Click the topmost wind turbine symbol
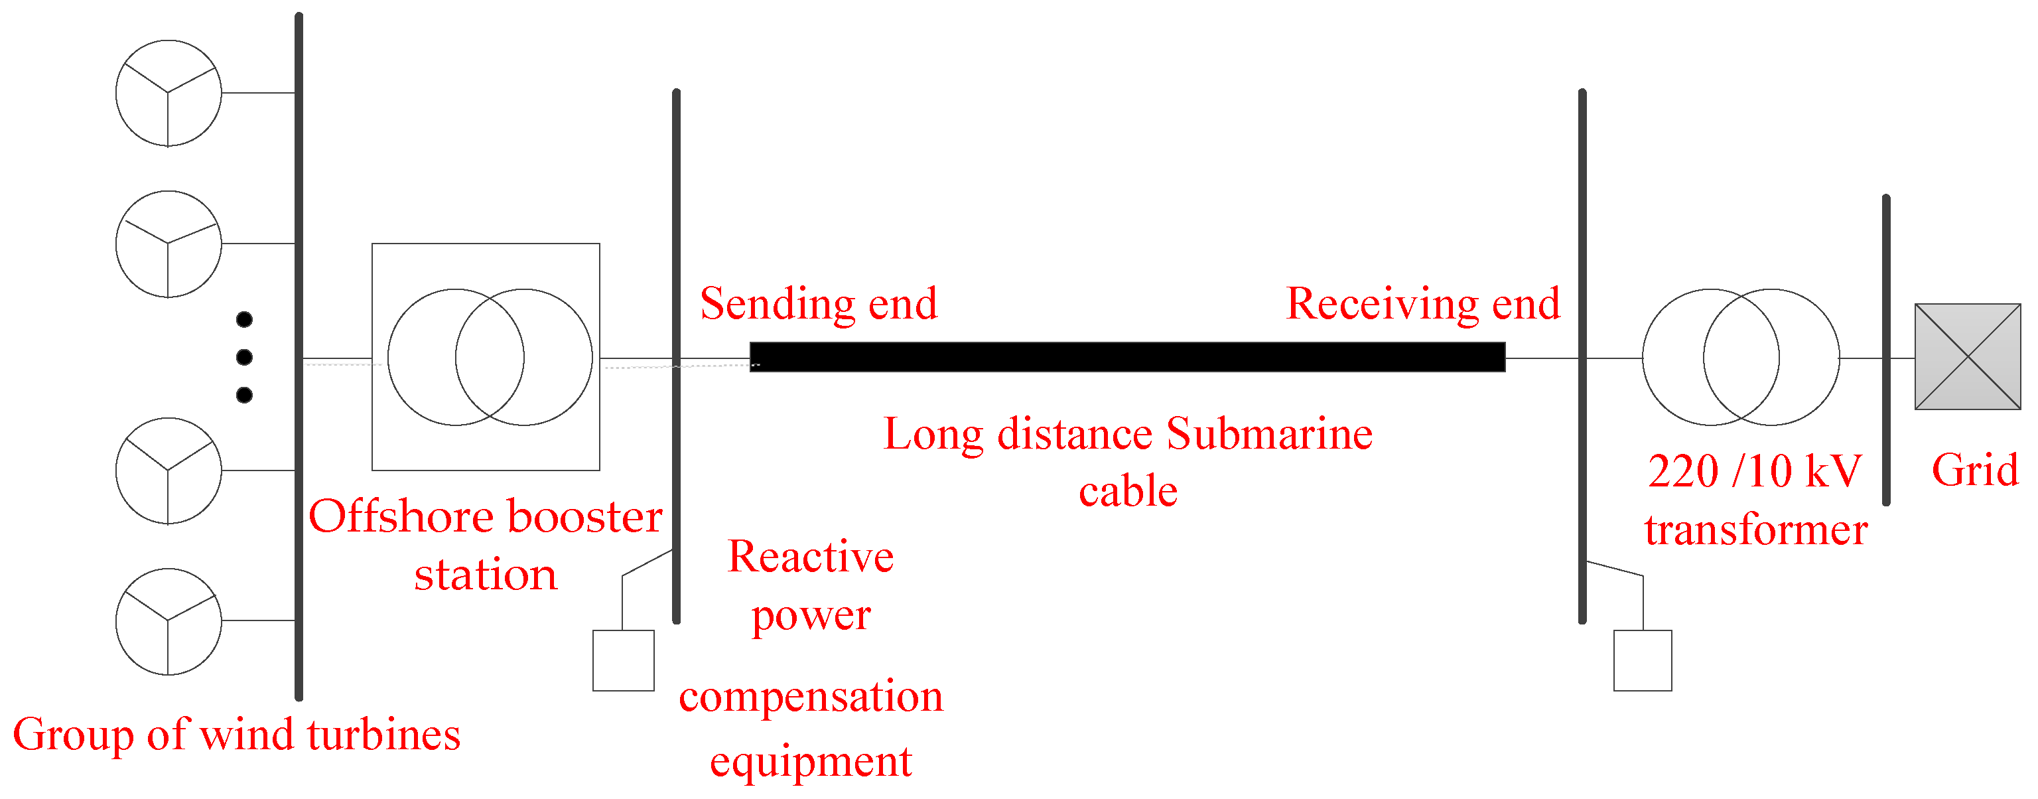(x=169, y=94)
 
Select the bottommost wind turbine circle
(x=169, y=621)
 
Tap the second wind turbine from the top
(x=169, y=244)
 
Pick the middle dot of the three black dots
(x=244, y=358)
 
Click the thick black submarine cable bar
(x=1126, y=357)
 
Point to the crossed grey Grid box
(x=1967, y=357)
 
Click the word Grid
(x=1975, y=470)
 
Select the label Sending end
(x=818, y=304)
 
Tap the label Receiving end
(x=1422, y=304)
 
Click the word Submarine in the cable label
(x=1269, y=434)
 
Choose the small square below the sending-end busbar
(x=624, y=660)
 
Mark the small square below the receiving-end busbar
(x=1643, y=660)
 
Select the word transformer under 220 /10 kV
(x=1755, y=530)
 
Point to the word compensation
(x=811, y=697)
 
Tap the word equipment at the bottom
(x=811, y=763)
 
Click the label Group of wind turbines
(x=237, y=735)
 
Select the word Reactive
(x=811, y=557)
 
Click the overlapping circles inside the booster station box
(x=490, y=358)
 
